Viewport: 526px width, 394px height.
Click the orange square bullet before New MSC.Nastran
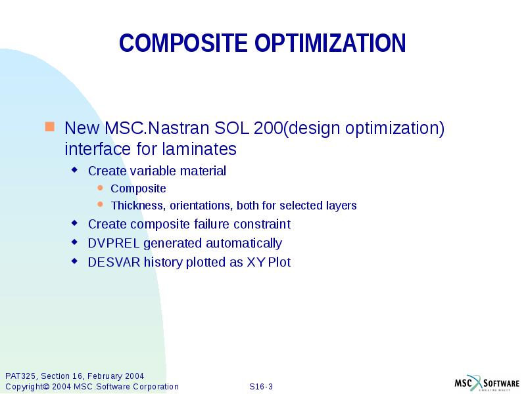(49, 125)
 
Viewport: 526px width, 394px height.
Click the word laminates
(204, 149)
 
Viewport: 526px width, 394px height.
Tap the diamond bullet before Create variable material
(74, 170)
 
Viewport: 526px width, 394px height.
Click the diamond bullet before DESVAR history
(74, 261)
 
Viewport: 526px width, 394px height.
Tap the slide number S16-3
(261, 387)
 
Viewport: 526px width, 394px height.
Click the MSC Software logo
(487, 383)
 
